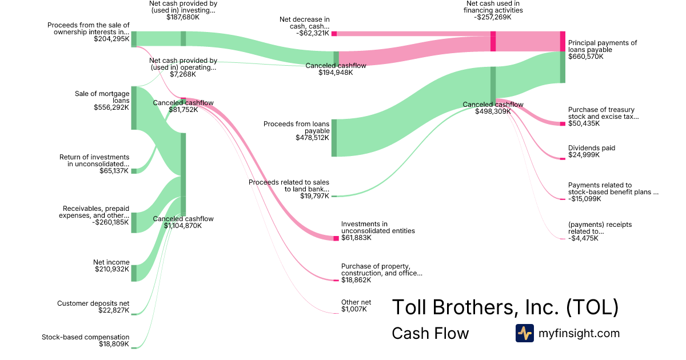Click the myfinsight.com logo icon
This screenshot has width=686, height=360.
pos(524,333)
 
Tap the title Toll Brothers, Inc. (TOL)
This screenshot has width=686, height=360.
pos(505,307)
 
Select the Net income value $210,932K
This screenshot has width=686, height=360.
pos(112,269)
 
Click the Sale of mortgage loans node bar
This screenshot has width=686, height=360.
pos(134,108)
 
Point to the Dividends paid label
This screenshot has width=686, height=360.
pos(592,148)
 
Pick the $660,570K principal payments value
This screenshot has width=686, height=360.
pos(586,57)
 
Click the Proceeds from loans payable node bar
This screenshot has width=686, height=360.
pos(334,138)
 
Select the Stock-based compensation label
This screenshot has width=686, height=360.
pos(86,337)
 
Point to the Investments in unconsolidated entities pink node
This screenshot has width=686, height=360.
pos(336,238)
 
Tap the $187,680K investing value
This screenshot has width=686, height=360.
pos(183,17)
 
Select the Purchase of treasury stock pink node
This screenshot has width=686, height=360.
pos(563,123)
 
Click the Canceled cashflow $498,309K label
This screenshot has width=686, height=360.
pos(493,107)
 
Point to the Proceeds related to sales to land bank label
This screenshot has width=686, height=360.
pos(289,186)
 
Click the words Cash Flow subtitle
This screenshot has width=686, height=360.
pos(430,333)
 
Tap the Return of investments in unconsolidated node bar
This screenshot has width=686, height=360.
pos(134,171)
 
